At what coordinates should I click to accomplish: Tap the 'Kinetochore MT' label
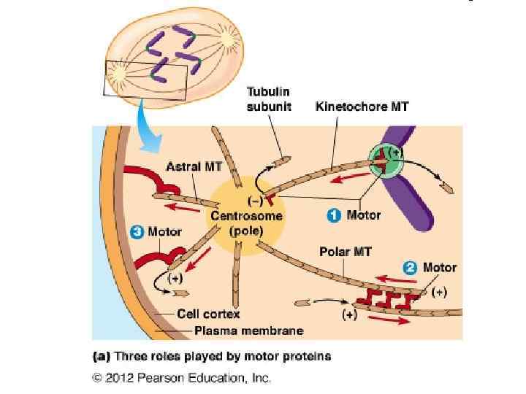coord(362,107)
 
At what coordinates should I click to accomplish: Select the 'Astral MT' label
coord(194,166)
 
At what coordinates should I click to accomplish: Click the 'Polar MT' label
coord(345,252)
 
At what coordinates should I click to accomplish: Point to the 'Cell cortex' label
coord(207,315)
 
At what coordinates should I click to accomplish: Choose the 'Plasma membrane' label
coord(248,331)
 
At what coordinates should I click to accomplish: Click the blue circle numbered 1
coord(333,216)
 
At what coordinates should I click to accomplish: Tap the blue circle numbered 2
coord(411,268)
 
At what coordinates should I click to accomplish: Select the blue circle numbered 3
coord(137,232)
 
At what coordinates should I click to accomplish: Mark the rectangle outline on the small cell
coord(146,80)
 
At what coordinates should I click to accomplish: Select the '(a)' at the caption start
coord(101,357)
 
